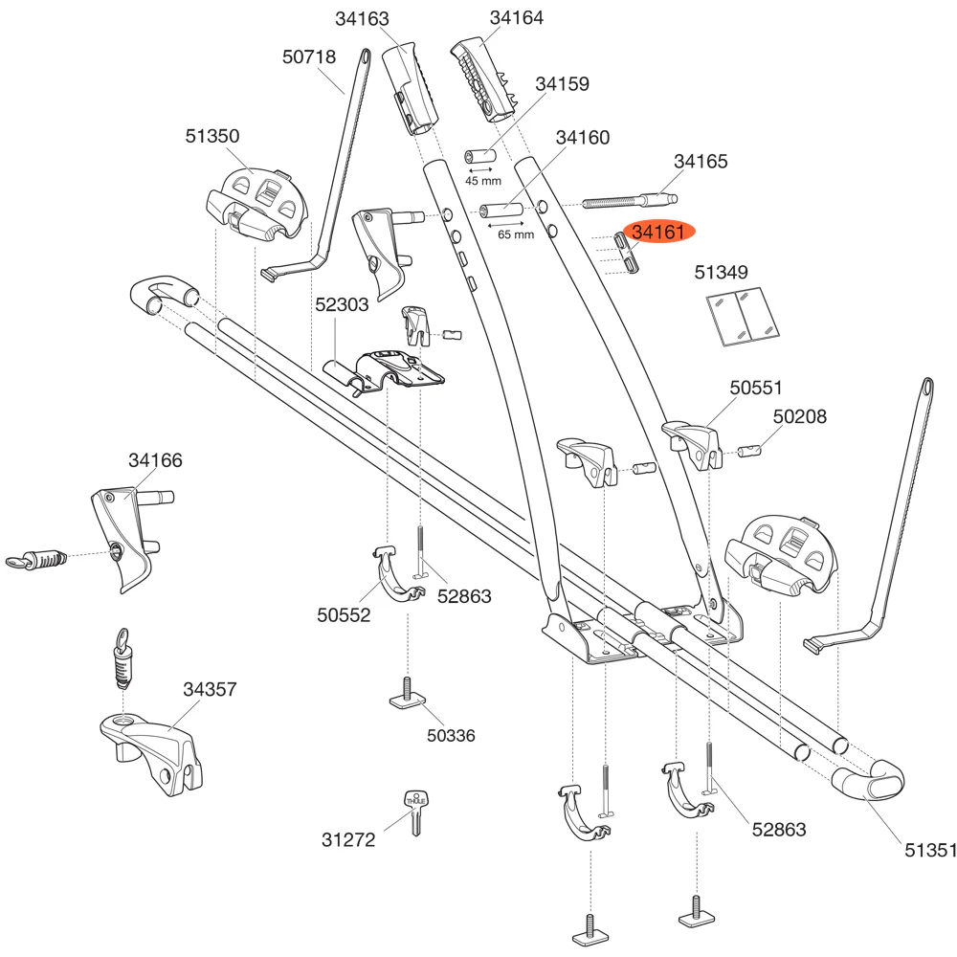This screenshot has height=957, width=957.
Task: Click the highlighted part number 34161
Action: (658, 233)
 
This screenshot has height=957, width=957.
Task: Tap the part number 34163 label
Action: (363, 18)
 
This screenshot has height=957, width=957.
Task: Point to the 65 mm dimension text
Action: (516, 234)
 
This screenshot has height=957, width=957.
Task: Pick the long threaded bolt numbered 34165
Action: (627, 202)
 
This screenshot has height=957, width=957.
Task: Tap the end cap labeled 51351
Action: (871, 780)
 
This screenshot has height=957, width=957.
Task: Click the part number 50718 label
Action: (309, 57)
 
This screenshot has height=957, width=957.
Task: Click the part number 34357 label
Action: (210, 689)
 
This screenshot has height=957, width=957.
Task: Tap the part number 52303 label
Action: (342, 304)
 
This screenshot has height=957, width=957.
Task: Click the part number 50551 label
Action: (756, 388)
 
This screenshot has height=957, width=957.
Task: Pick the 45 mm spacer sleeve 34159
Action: (478, 156)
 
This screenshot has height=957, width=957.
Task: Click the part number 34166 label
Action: (155, 460)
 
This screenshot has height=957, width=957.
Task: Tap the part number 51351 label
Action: (930, 848)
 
